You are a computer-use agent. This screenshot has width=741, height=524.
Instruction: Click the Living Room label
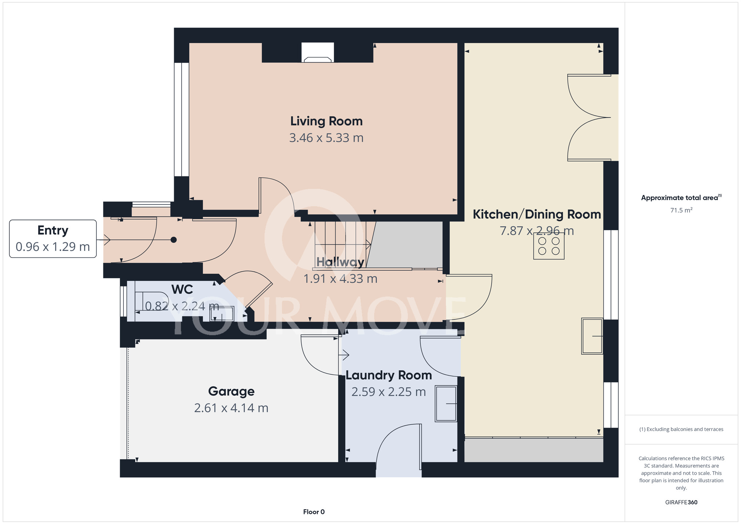pyautogui.click(x=326, y=121)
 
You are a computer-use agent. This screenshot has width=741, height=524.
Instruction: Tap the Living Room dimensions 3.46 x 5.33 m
pyautogui.click(x=326, y=138)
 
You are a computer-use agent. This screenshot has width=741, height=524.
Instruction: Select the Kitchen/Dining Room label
pyautogui.click(x=537, y=214)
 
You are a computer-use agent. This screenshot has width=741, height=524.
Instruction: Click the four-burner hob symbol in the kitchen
pyautogui.click(x=549, y=246)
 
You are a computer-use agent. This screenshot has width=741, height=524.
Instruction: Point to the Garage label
pyautogui.click(x=231, y=391)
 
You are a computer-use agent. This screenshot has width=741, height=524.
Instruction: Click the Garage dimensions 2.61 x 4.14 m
pyautogui.click(x=231, y=408)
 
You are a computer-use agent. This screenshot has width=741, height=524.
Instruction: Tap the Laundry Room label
pyautogui.click(x=389, y=375)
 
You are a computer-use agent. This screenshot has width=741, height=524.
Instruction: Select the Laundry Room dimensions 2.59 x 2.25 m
pyautogui.click(x=389, y=392)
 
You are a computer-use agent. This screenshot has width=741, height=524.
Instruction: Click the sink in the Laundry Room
pyautogui.click(x=446, y=404)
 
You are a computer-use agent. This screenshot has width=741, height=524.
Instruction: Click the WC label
pyautogui.click(x=182, y=289)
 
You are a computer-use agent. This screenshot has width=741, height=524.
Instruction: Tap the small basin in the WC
pyautogui.click(x=222, y=314)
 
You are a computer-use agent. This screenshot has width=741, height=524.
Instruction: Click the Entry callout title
pyautogui.click(x=53, y=231)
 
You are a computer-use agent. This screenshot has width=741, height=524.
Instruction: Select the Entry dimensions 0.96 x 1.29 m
pyautogui.click(x=53, y=247)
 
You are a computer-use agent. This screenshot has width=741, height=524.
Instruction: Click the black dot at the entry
pyautogui.click(x=173, y=240)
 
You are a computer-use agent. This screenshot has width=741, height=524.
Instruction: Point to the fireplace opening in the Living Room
pyautogui.click(x=318, y=53)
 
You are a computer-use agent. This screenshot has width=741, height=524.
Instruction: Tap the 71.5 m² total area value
pyautogui.click(x=681, y=210)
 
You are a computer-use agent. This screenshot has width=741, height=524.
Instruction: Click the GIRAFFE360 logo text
pyautogui.click(x=681, y=503)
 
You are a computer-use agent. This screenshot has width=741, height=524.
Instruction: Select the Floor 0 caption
pyautogui.click(x=314, y=512)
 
